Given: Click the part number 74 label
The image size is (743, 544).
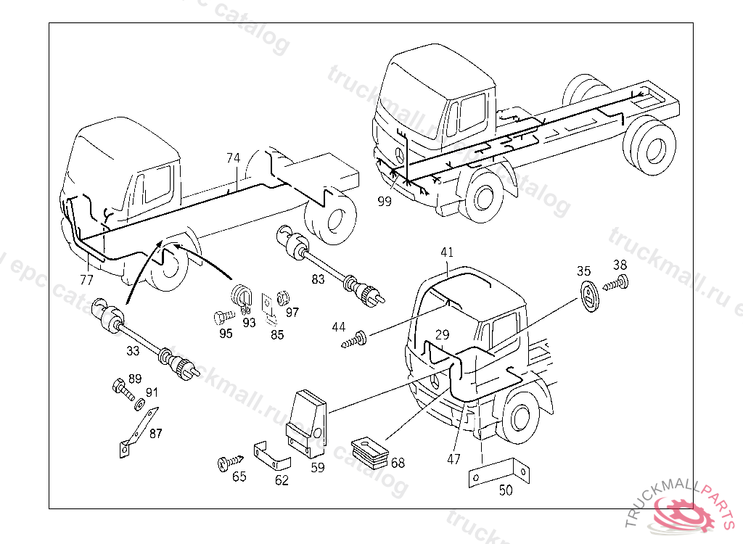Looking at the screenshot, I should pyautogui.click(x=232, y=158).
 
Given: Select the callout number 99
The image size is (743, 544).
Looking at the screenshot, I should pyautogui.click(x=385, y=202).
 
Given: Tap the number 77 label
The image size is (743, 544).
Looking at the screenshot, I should pyautogui.click(x=86, y=279).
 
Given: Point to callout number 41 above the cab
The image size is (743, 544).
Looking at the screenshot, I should pyautogui.click(x=447, y=252).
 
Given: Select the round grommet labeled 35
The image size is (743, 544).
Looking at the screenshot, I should pyautogui.click(x=590, y=298).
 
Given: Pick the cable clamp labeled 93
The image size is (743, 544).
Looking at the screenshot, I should pyautogui.click(x=242, y=297).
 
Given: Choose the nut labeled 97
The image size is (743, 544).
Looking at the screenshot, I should pyautogui.click(x=285, y=297).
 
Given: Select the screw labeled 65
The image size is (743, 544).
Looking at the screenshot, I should pyautogui.click(x=229, y=461).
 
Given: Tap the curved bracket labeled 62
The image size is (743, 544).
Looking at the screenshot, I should pyautogui.click(x=271, y=455).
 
